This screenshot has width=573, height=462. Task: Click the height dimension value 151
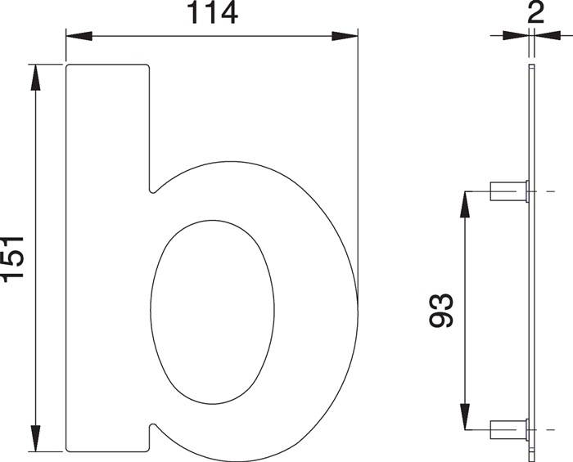tap(14, 258)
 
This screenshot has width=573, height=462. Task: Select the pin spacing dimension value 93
tap(442, 310)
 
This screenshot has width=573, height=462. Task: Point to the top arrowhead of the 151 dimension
tap(34, 76)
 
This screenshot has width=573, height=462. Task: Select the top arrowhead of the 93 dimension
tap(465, 204)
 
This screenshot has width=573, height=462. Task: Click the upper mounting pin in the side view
tap(508, 191)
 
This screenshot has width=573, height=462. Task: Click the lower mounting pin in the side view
tap(508, 428)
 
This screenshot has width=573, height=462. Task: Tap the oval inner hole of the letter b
tap(212, 312)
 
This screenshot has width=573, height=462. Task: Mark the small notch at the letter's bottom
tap(151, 427)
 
